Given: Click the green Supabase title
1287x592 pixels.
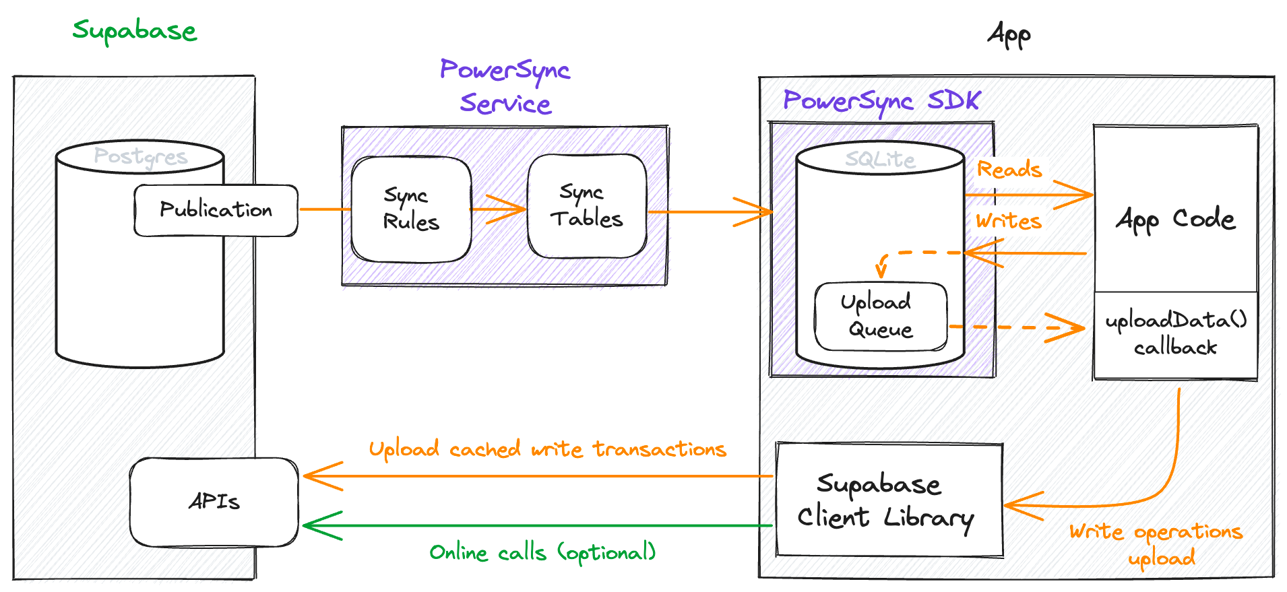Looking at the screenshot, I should pos(135,31).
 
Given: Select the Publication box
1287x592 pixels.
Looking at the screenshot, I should pos(216,210).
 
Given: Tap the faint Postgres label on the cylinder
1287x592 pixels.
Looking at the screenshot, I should pos(140,157).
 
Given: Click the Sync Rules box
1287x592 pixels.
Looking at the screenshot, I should pos(411,209).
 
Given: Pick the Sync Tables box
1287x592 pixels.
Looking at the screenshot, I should pos(587,206).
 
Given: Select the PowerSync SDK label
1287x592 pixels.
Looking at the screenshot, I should pos(881,101).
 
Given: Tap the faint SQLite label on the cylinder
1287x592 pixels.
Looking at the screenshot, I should pos(880,160).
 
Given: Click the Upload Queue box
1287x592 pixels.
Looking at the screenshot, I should pos(880,316).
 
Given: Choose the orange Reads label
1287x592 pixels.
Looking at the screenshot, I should pos(1009,170).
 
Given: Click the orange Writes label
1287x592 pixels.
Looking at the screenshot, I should pos(1009,221).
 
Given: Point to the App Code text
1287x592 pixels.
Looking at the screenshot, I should pos(1175,220).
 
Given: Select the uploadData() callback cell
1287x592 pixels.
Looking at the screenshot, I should pos(1176,334).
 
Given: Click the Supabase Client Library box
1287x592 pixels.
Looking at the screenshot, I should pos(888,500).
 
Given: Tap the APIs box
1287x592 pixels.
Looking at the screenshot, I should pos(214,502).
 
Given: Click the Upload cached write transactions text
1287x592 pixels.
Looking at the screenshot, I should pos(547,449).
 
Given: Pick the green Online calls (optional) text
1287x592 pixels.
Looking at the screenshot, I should pos(542,553).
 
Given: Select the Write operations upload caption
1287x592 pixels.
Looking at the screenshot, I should pos(1156,544).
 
